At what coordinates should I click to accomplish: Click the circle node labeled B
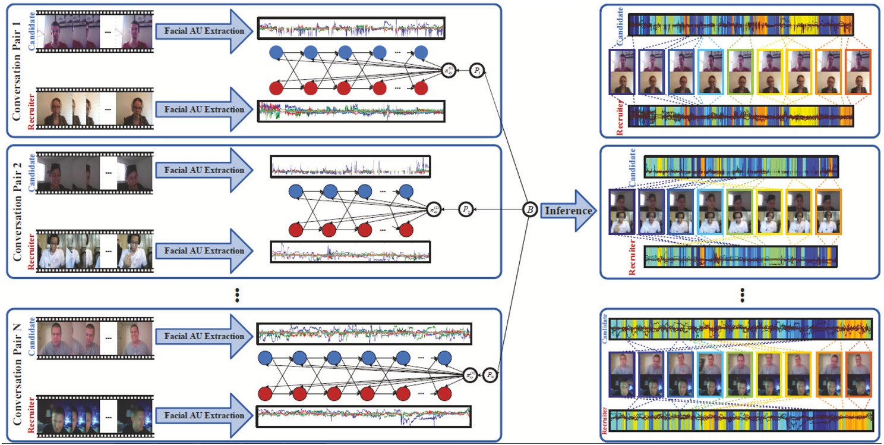pyautogui.click(x=529, y=210)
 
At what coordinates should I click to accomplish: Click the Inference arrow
pyautogui.click(x=568, y=211)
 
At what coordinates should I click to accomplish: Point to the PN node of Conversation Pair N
pyautogui.click(x=491, y=375)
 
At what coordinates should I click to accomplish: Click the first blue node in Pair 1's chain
pyautogui.click(x=276, y=52)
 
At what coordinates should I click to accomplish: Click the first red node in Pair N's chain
pyautogui.click(x=265, y=394)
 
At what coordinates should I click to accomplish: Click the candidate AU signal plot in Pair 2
pyautogui.click(x=351, y=167)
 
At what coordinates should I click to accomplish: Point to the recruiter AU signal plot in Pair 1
pyautogui.click(x=351, y=111)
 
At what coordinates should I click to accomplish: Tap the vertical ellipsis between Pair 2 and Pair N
pyautogui.click(x=237, y=294)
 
